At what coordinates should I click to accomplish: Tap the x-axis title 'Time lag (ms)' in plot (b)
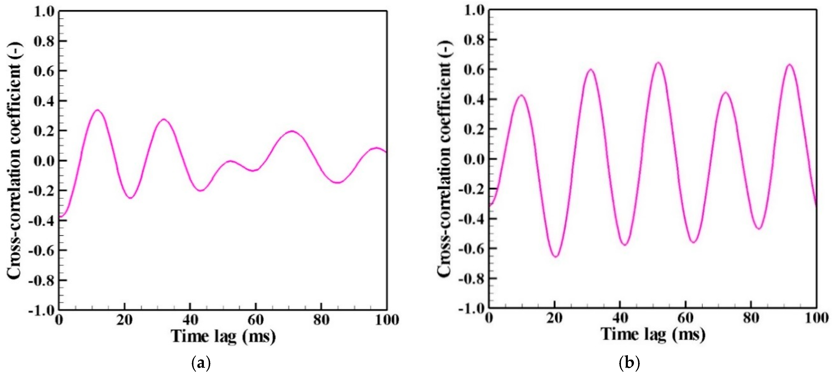tap(653, 334)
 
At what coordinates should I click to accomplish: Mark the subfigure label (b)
tap(630, 363)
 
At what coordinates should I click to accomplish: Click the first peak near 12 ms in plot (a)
tap(97, 110)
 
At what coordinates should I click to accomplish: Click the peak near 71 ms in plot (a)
tap(292, 131)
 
